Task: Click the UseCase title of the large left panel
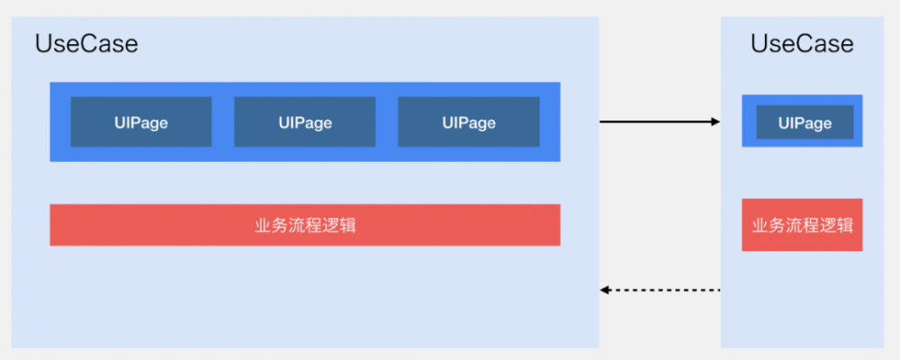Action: [86, 44]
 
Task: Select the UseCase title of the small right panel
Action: [802, 44]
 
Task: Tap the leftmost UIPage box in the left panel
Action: [141, 122]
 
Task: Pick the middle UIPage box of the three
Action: [305, 122]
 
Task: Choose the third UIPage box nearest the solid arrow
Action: [469, 122]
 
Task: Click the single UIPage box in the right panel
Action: [805, 122]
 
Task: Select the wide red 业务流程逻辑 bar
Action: [305, 225]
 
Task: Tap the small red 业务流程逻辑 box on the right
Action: [802, 225]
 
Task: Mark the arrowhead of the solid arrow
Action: [715, 121]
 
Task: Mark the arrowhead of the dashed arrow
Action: [606, 290]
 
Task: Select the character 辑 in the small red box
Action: [844, 225]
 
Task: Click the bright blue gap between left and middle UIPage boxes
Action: [223, 122]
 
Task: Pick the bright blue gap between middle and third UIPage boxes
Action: [387, 122]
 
